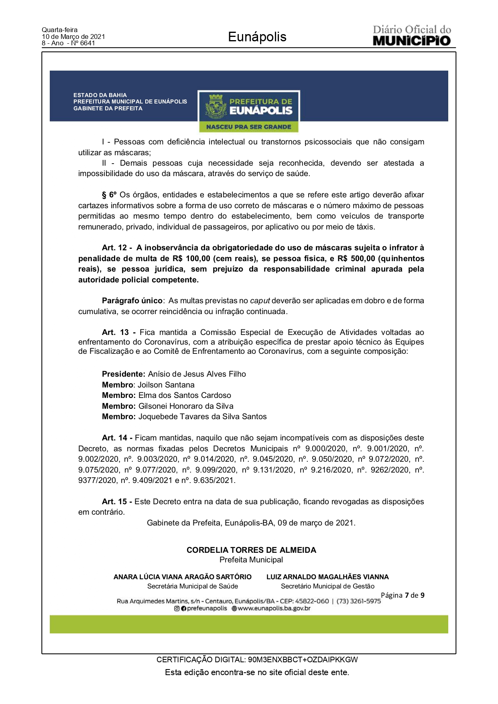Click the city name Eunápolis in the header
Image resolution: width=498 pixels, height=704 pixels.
click(x=257, y=37)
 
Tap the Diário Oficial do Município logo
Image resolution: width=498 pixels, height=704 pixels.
click(x=412, y=36)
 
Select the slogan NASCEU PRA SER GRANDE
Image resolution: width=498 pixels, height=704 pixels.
click(x=249, y=127)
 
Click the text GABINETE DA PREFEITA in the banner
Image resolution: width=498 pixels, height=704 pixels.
click(x=108, y=108)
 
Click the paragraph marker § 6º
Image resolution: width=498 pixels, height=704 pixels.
click(x=109, y=195)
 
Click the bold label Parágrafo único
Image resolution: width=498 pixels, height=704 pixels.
click(x=132, y=301)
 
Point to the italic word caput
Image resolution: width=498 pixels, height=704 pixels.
click(x=260, y=301)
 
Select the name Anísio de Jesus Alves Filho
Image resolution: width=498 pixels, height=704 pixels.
click(x=197, y=374)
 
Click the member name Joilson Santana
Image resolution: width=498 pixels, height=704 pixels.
click(x=166, y=385)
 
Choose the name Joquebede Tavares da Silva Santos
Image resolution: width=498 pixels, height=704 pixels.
click(x=202, y=417)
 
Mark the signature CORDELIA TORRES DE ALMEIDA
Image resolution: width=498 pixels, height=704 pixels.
click(x=251, y=550)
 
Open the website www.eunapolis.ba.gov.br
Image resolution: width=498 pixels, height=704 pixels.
click(x=274, y=609)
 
